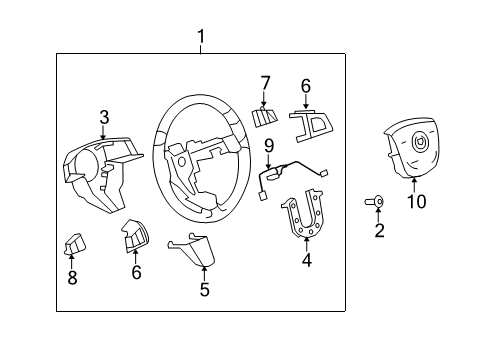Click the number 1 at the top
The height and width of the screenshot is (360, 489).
201,38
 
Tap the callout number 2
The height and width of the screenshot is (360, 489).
379,232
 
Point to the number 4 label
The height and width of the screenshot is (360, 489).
307,262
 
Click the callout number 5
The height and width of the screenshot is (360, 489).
204,290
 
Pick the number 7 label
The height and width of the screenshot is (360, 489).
265,82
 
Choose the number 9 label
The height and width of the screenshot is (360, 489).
268,146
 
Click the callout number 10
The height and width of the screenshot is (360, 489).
416,202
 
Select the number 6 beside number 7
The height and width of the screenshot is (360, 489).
306,86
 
